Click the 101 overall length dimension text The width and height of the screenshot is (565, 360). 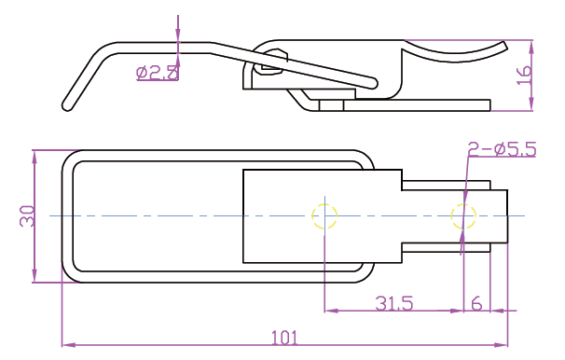click(284, 338)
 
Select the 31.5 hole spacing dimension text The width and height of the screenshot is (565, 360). click(393, 303)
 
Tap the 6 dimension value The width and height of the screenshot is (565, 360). click(476, 303)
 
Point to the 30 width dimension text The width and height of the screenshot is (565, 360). click(27, 215)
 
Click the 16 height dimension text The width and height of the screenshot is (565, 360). click(524, 75)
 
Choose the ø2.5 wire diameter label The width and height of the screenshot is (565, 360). click(158, 73)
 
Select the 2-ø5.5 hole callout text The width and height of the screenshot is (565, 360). click(502, 149)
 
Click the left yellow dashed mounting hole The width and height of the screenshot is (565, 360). click(324, 216)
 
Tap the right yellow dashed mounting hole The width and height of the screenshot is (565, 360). click(463, 216)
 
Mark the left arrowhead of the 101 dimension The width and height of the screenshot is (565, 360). click(66, 345)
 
